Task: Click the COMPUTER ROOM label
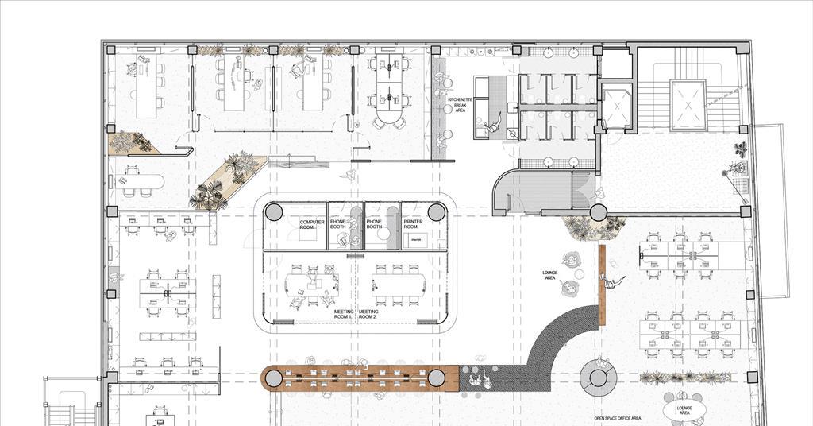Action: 311,224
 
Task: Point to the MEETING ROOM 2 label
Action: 368,314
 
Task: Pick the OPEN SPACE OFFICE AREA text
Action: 618,418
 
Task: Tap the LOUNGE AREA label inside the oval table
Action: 684,410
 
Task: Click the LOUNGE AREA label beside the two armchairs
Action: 549,275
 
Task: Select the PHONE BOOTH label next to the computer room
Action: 338,224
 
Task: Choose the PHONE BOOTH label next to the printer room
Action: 374,224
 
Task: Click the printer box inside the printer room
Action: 414,239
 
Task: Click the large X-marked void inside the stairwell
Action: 688,104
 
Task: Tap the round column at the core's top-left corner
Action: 273,212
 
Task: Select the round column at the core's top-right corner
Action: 437,212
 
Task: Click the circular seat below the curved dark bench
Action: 597,374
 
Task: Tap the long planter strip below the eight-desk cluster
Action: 687,378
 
